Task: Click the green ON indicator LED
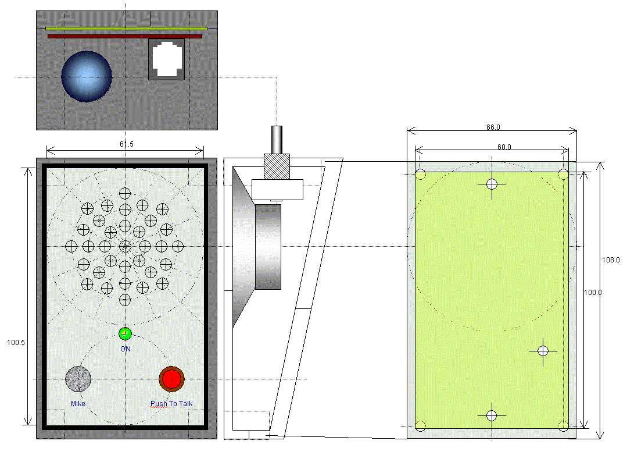point(125,333)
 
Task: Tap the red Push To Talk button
point(171,379)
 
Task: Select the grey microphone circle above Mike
point(78,379)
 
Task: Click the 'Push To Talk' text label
point(171,403)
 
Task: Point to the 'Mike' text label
point(78,403)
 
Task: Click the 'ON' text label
point(126,349)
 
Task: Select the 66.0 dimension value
point(492,127)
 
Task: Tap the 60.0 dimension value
point(504,147)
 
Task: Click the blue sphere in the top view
point(86,76)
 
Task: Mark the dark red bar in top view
point(124,36)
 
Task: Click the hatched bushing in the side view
point(277,166)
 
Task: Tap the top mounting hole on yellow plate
point(492,184)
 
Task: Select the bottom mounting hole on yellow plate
point(492,415)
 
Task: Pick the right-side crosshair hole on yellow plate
point(543,350)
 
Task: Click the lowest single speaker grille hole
point(125,300)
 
